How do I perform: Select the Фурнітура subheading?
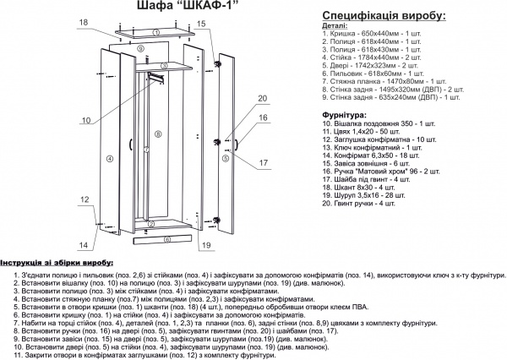(345, 113)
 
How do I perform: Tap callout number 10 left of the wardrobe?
(86, 121)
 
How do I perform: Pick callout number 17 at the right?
(262, 162)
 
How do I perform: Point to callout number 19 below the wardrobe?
(204, 246)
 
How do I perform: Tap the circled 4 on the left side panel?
(110, 157)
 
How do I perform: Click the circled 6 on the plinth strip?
(167, 240)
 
